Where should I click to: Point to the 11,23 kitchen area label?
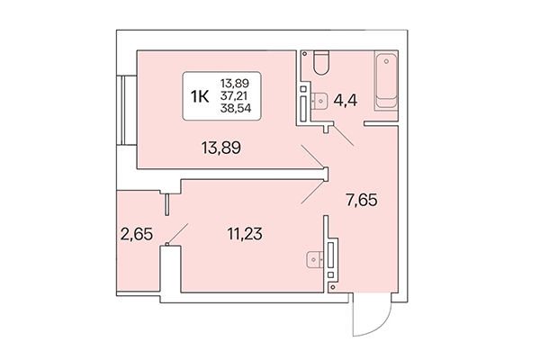(243, 236)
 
